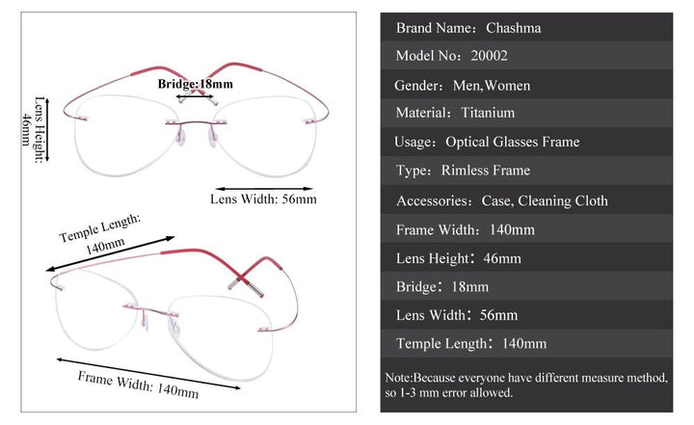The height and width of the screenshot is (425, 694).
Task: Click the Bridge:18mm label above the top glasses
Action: tap(196, 84)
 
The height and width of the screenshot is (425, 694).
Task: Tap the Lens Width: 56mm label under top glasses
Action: tap(263, 199)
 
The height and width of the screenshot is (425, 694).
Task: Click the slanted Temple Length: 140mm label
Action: tap(99, 234)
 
